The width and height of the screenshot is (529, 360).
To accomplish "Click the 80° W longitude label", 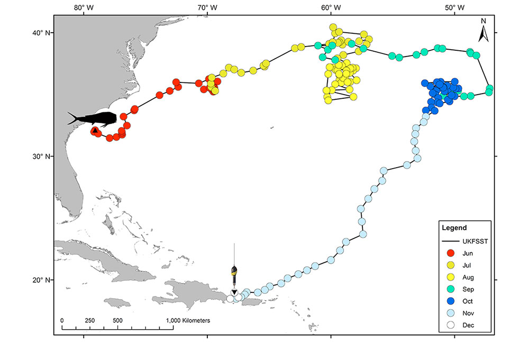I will point(83,7).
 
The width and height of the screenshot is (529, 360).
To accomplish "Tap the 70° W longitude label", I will point(207,7).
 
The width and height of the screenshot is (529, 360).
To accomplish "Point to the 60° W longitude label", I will point(331,7).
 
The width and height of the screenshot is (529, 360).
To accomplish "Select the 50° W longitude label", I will point(454,7).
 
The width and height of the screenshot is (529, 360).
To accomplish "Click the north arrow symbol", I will point(483,31).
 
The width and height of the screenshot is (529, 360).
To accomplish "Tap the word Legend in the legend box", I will point(454,228).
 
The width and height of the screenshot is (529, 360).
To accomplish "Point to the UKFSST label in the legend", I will point(475,241).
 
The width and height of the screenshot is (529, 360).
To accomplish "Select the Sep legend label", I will point(468,289).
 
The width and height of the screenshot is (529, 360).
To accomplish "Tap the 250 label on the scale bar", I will point(90,320).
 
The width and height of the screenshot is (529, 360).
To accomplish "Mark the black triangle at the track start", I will point(95,130).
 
